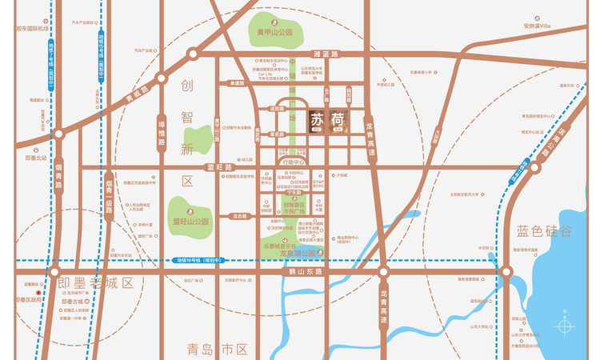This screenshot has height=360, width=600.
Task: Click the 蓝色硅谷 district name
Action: point(544,232)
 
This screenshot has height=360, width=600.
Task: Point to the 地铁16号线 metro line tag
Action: point(198,260)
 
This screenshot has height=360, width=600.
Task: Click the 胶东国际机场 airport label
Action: point(33,29)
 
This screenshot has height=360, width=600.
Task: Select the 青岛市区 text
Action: point(218,349)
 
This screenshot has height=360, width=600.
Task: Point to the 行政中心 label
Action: point(296,162)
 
